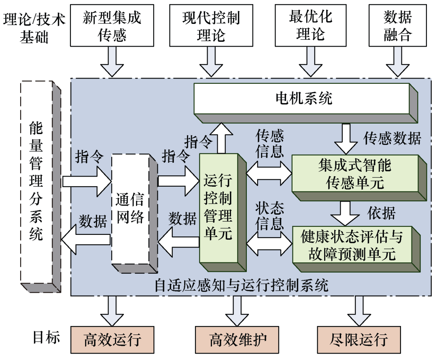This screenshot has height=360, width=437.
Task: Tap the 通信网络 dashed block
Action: click(130, 209)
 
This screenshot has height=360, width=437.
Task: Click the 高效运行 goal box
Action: click(112, 339)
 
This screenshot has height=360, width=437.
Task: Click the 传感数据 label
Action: click(392, 138)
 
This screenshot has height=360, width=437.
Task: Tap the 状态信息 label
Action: click(269, 216)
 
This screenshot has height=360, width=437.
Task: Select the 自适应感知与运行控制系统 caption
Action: click(242, 285)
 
